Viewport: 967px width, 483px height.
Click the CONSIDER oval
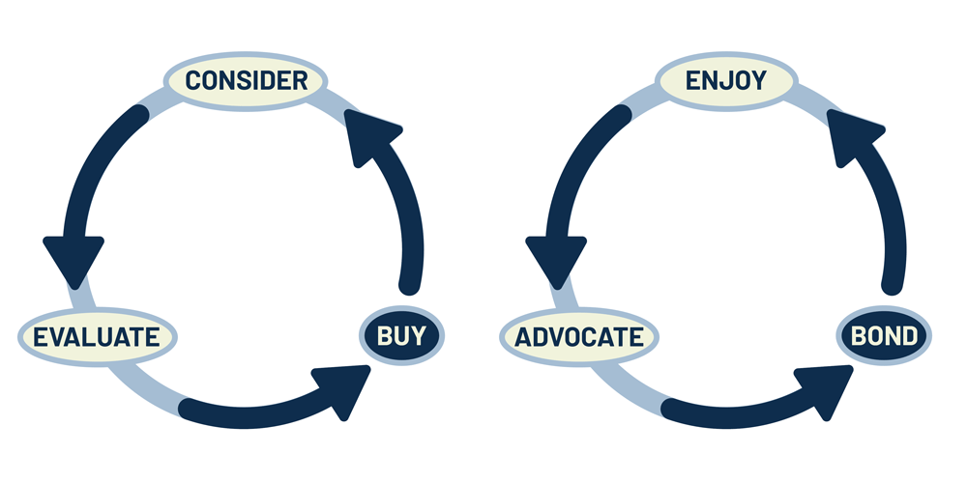tap(247, 80)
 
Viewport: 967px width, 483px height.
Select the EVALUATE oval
tap(96, 337)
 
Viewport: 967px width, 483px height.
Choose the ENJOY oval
tap(725, 80)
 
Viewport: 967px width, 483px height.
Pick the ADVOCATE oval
tap(578, 337)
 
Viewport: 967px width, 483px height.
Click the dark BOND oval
tap(883, 336)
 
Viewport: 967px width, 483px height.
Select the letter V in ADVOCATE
tap(558, 337)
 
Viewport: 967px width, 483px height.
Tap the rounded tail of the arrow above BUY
tap(411, 284)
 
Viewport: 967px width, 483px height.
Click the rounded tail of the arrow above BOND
tap(892, 284)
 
